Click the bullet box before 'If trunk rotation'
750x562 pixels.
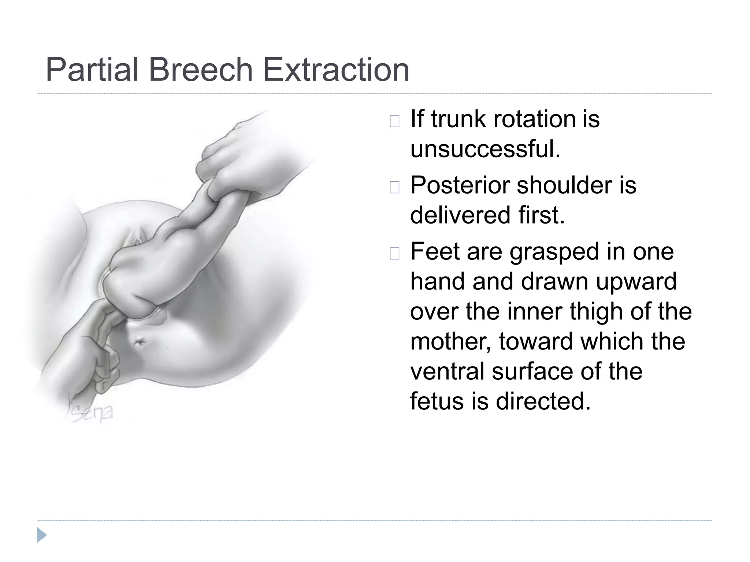pyautogui.click(x=394, y=121)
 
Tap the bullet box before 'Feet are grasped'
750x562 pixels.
pyautogui.click(x=394, y=254)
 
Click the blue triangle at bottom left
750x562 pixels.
pyautogui.click(x=42, y=535)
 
